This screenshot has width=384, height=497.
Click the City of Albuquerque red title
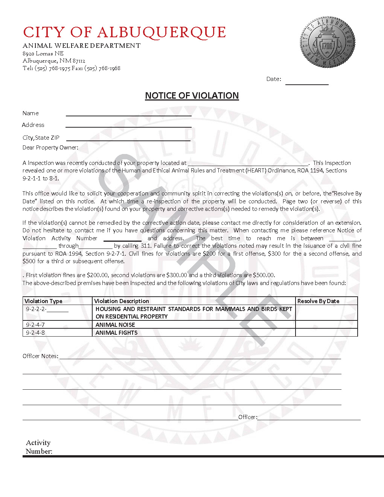click(124, 32)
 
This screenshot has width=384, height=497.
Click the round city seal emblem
click(328, 42)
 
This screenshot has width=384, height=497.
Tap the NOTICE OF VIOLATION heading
click(192, 96)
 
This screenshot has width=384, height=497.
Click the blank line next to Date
click(307, 81)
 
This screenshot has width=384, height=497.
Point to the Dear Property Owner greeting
click(50, 148)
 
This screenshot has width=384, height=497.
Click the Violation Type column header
click(43, 301)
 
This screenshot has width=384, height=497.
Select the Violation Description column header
click(122, 301)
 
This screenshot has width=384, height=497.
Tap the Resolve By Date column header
click(318, 301)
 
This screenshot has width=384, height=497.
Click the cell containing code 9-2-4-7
click(35, 325)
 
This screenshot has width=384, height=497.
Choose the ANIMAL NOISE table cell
click(115, 325)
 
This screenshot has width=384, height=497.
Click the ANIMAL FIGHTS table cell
click(117, 333)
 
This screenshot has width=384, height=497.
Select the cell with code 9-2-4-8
click(35, 333)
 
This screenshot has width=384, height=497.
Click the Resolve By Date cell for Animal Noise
click(326, 325)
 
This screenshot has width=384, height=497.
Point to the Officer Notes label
click(40, 356)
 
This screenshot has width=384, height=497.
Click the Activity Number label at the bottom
click(39, 447)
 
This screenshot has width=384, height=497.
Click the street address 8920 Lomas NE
click(43, 53)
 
